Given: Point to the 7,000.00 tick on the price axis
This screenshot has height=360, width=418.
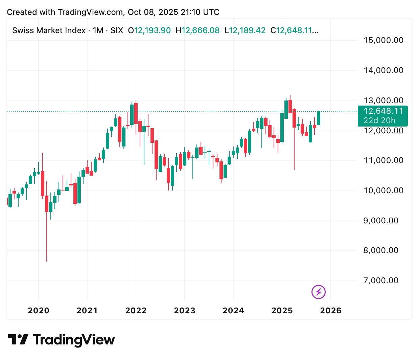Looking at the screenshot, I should coord(381,280).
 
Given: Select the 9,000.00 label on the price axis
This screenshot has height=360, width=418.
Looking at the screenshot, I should coord(381,221).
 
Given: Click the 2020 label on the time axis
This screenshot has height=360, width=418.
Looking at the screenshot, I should coord(39,311).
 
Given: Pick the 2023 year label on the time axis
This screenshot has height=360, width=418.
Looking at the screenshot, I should coord(185,311).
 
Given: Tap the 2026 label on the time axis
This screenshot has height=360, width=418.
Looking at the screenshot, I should coord(331,311).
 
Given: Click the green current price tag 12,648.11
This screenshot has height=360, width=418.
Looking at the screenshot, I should coord(383,111).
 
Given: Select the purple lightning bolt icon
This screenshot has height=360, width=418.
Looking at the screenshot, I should coord(318,292).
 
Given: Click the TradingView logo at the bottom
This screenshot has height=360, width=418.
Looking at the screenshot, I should coord(61,340).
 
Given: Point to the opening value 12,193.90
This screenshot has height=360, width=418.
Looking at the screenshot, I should coord(153,30).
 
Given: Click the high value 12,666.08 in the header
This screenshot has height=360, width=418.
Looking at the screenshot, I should coord(201,30).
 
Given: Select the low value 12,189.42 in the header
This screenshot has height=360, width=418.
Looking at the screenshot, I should coord(247,30).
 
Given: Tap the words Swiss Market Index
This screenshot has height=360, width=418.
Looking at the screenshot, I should coord(49,30).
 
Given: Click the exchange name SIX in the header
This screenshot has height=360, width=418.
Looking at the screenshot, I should coord(117,30).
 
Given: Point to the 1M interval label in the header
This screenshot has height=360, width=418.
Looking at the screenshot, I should coord(98,30).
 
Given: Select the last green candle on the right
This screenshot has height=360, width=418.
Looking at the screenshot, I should coord(319,118).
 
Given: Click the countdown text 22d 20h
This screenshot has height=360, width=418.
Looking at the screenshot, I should coord(379,120).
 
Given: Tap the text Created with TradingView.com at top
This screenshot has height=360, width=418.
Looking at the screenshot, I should coord(65,12).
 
